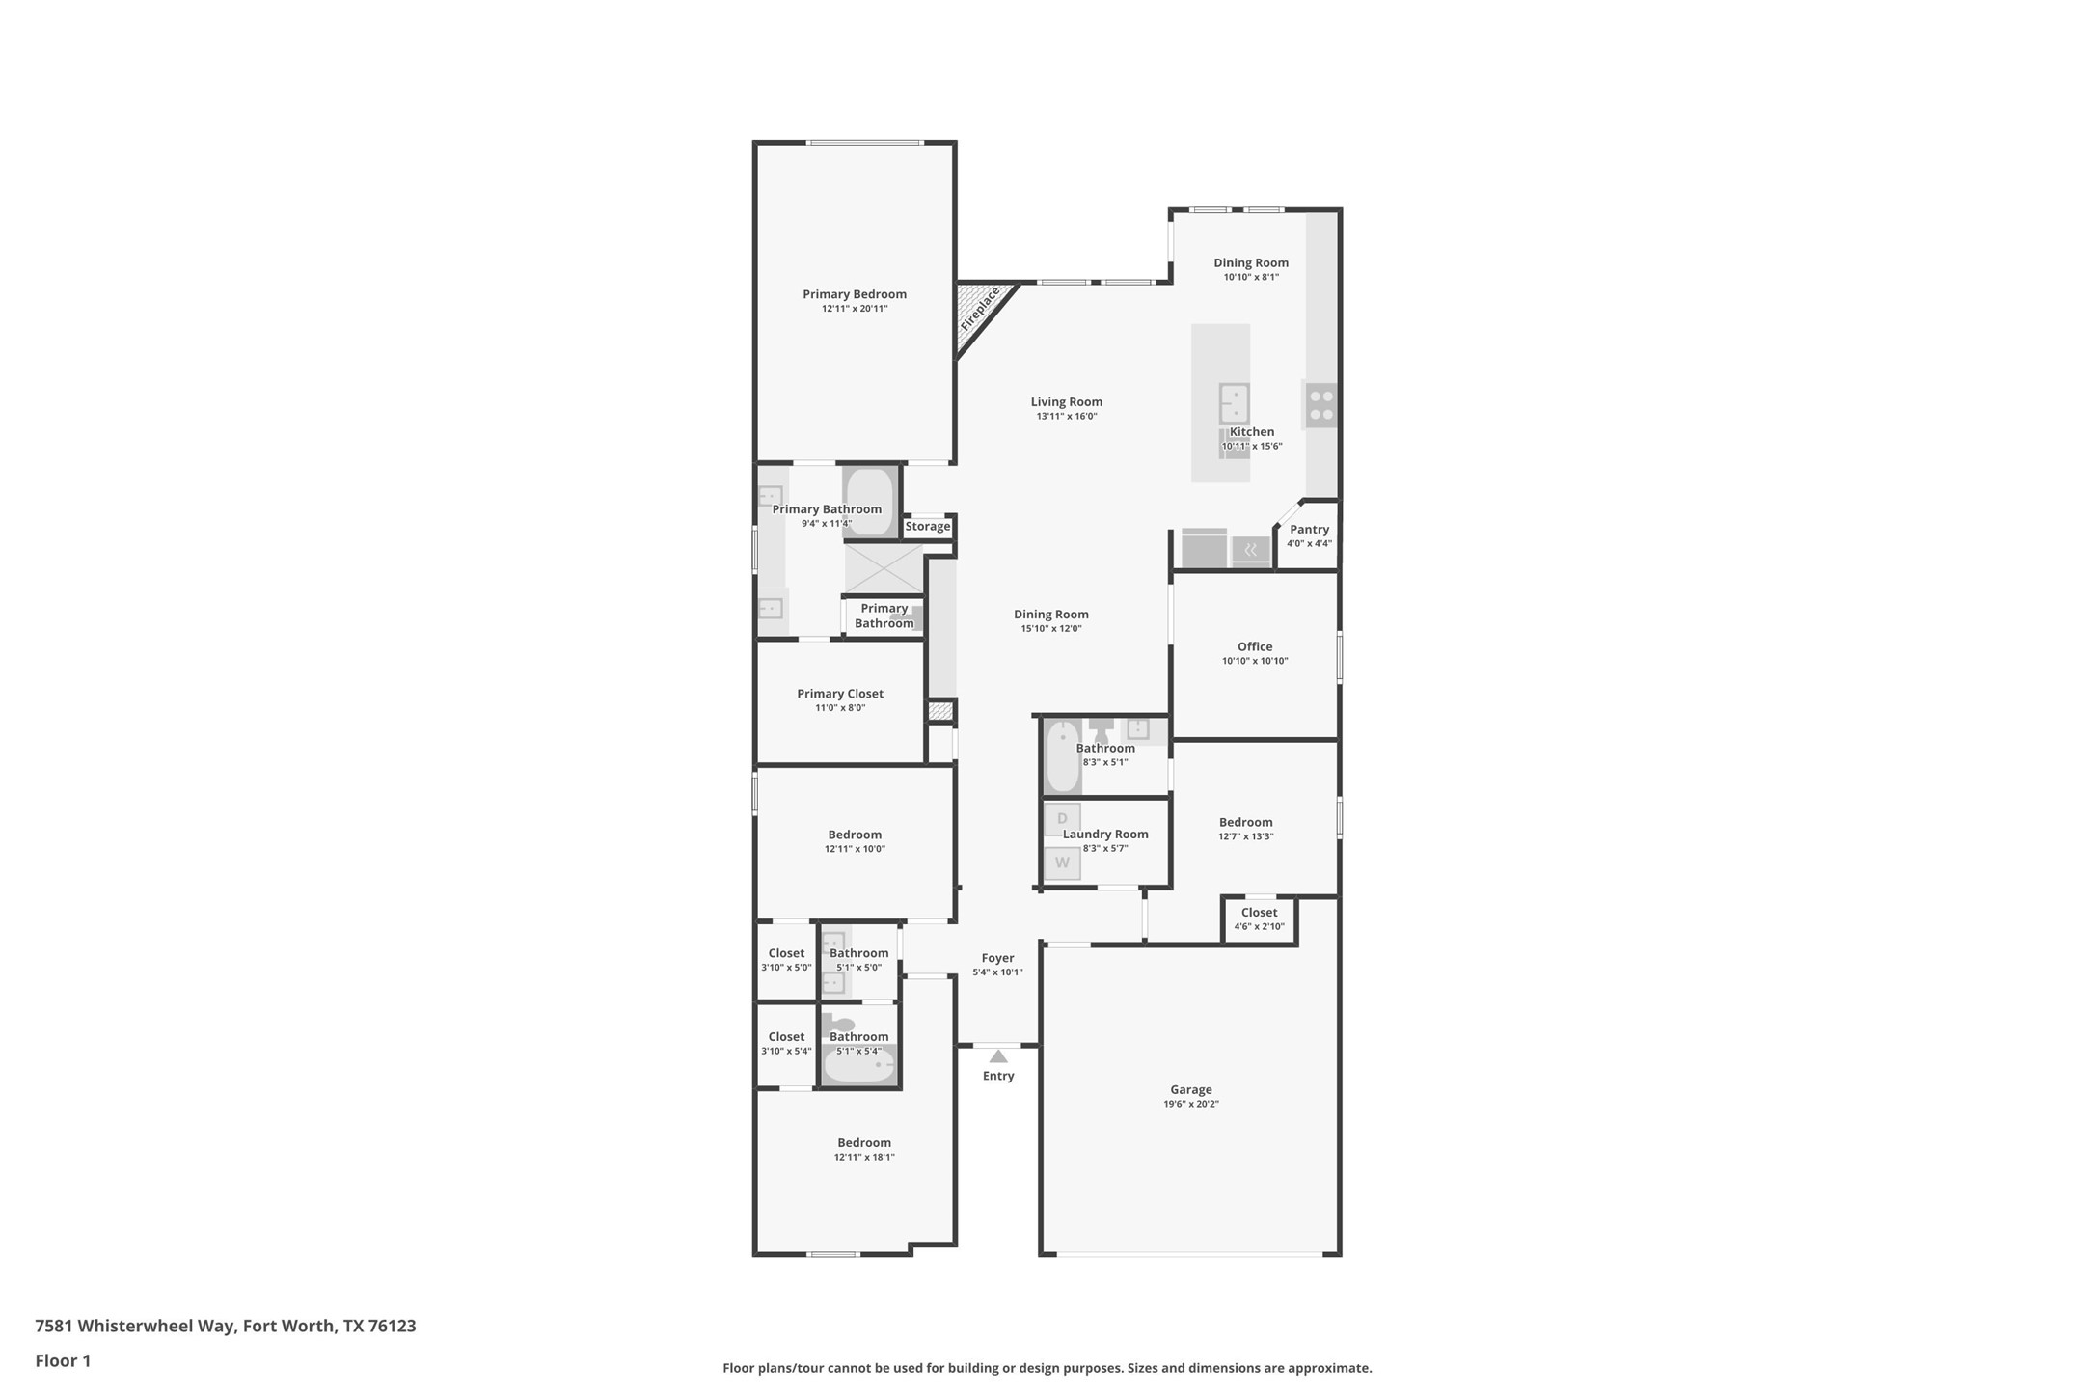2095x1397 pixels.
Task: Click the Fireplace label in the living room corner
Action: (x=980, y=309)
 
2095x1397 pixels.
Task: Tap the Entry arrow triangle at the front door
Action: (x=998, y=1056)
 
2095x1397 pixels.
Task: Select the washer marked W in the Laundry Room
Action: (x=1062, y=863)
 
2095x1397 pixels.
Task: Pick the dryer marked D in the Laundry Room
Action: (x=1062, y=819)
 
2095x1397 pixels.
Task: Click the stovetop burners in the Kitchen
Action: (x=1321, y=405)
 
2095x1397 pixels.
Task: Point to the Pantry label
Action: (x=1309, y=529)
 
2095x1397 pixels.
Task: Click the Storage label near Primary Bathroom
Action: (x=928, y=526)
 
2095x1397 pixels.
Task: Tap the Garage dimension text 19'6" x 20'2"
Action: (x=1191, y=1104)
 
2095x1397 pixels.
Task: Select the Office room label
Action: (x=1255, y=646)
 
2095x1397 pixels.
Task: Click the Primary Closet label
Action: (x=840, y=693)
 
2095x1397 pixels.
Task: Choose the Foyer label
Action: (x=997, y=958)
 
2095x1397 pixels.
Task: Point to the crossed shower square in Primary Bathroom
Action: (x=884, y=568)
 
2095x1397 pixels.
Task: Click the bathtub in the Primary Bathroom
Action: (x=870, y=502)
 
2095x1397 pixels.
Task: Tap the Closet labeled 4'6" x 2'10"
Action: (x=1259, y=918)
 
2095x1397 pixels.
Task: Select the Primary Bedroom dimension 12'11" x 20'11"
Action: (x=855, y=309)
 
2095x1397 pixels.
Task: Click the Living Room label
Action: (x=1066, y=401)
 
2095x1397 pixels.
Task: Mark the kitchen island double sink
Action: (x=1234, y=403)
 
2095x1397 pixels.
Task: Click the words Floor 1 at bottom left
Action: (x=63, y=1360)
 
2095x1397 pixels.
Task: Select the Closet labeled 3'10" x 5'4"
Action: (x=786, y=1043)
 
